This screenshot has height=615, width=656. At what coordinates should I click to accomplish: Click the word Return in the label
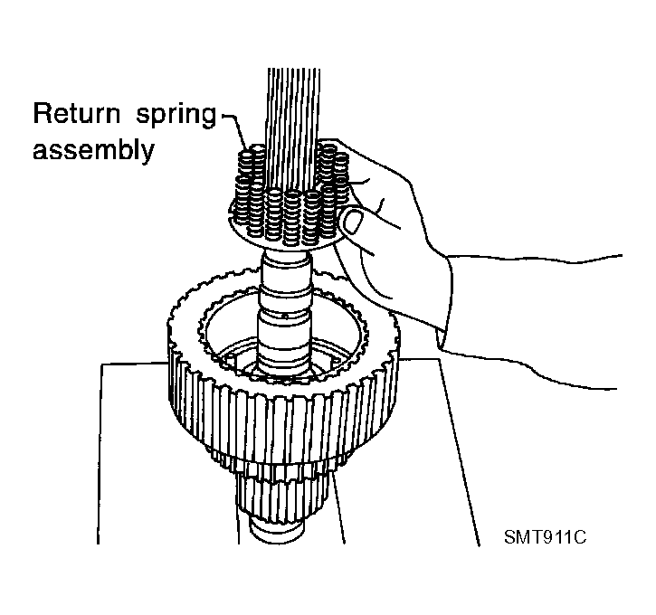76,113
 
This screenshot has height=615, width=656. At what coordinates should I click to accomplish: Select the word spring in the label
176,116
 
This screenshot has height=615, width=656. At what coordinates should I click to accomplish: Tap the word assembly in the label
94,149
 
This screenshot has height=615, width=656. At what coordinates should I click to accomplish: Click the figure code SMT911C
545,537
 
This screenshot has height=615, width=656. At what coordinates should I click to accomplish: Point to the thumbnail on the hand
353,221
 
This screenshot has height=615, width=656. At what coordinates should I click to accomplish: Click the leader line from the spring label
235,128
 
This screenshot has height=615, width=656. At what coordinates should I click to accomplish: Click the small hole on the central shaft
285,316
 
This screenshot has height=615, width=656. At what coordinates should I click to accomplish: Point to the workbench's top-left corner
101,364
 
